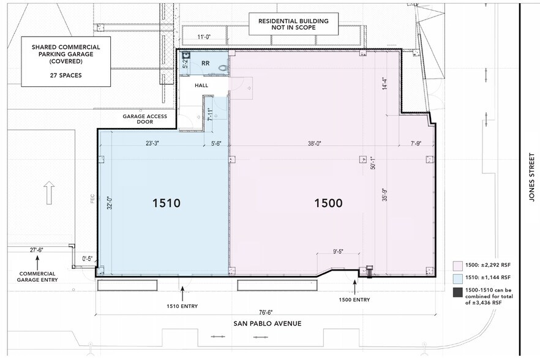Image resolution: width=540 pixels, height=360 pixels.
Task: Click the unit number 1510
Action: pyautogui.click(x=166, y=203)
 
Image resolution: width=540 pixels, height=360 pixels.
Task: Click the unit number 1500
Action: pyautogui.click(x=328, y=203)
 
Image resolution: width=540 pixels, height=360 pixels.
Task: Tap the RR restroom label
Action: pyautogui.click(x=205, y=63)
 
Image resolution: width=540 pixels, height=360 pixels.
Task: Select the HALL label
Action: pyautogui.click(x=202, y=86)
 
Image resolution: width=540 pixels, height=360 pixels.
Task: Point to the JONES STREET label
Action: pyautogui.click(x=532, y=178)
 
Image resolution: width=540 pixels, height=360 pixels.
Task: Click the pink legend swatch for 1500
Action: pyautogui.click(x=456, y=266)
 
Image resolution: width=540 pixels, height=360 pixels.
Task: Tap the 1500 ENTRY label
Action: pyautogui.click(x=354, y=299)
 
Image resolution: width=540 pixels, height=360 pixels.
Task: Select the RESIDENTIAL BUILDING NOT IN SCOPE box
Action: pyautogui.click(x=293, y=24)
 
